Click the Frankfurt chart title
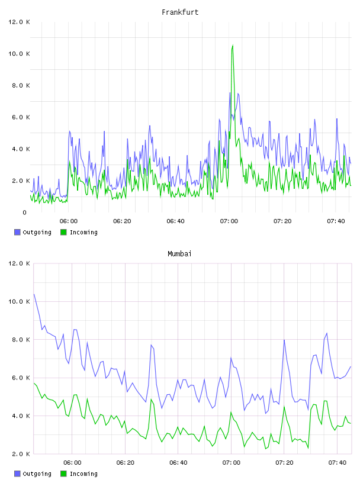pyautogui.click(x=180, y=12)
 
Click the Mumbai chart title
pyautogui.click(x=179, y=254)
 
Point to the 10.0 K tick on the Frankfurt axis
pyautogui.click(x=19, y=54)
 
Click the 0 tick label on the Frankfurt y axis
pyautogui.click(x=25, y=212)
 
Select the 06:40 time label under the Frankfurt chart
pyautogui.click(x=175, y=221)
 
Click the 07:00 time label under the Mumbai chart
pyautogui.click(x=231, y=463)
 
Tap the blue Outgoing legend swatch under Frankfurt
pyautogui.click(x=17, y=232)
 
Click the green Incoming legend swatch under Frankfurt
pyautogui.click(x=63, y=232)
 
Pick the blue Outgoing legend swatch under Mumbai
pyautogui.click(x=17, y=474)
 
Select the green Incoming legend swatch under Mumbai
pyautogui.click(x=63, y=474)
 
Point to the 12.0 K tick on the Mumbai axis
pyautogui.click(x=19, y=263)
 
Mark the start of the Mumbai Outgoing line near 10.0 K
pyautogui.click(x=34, y=294)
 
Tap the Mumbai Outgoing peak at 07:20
pyautogui.click(x=284, y=340)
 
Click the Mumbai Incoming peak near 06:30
pyautogui.click(x=151, y=400)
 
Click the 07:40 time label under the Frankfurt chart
pyautogui.click(x=336, y=221)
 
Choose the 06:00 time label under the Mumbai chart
pyautogui.click(x=72, y=463)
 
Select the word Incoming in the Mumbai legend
pyautogui.click(x=83, y=474)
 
